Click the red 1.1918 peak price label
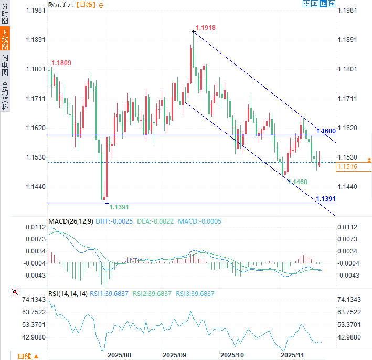[x=206, y=27]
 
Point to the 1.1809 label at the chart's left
[x=61, y=63]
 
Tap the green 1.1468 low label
[x=297, y=182]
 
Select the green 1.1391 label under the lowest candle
[x=119, y=208]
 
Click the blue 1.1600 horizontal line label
[x=325, y=131]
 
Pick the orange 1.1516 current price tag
[x=347, y=167]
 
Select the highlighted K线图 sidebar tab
[x=5, y=40]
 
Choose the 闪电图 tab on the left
[x=5, y=65]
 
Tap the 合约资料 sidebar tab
[x=5, y=95]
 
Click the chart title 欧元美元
[x=61, y=5]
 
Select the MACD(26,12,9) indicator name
[x=71, y=221]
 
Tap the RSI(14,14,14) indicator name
[x=68, y=294]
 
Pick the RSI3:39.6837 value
[x=195, y=294]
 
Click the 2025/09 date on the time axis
[x=175, y=355]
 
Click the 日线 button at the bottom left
[x=27, y=356]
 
